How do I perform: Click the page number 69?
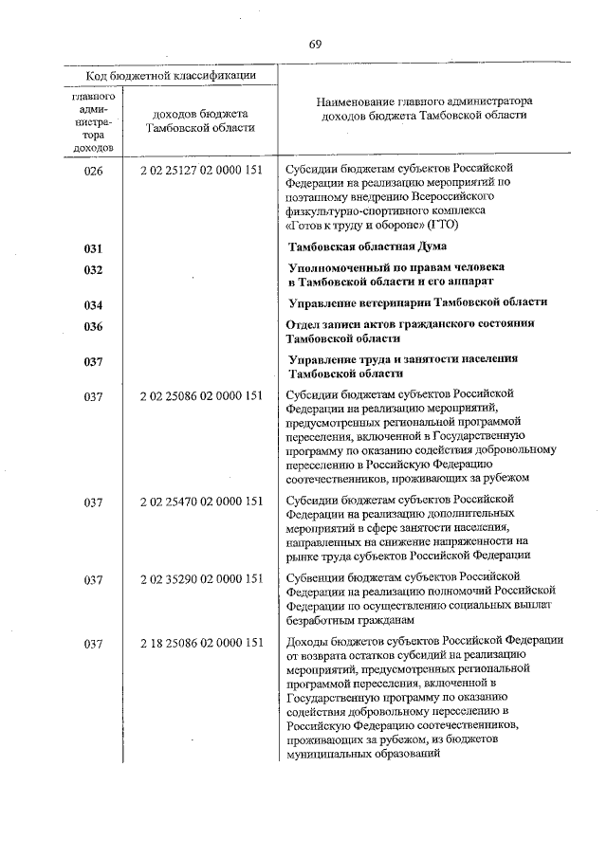(316, 46)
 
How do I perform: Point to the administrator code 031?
(93, 248)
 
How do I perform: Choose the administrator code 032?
(93, 270)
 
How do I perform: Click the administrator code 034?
(93, 304)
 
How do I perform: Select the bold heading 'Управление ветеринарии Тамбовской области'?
(418, 302)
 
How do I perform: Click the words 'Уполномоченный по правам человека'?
(396, 268)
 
